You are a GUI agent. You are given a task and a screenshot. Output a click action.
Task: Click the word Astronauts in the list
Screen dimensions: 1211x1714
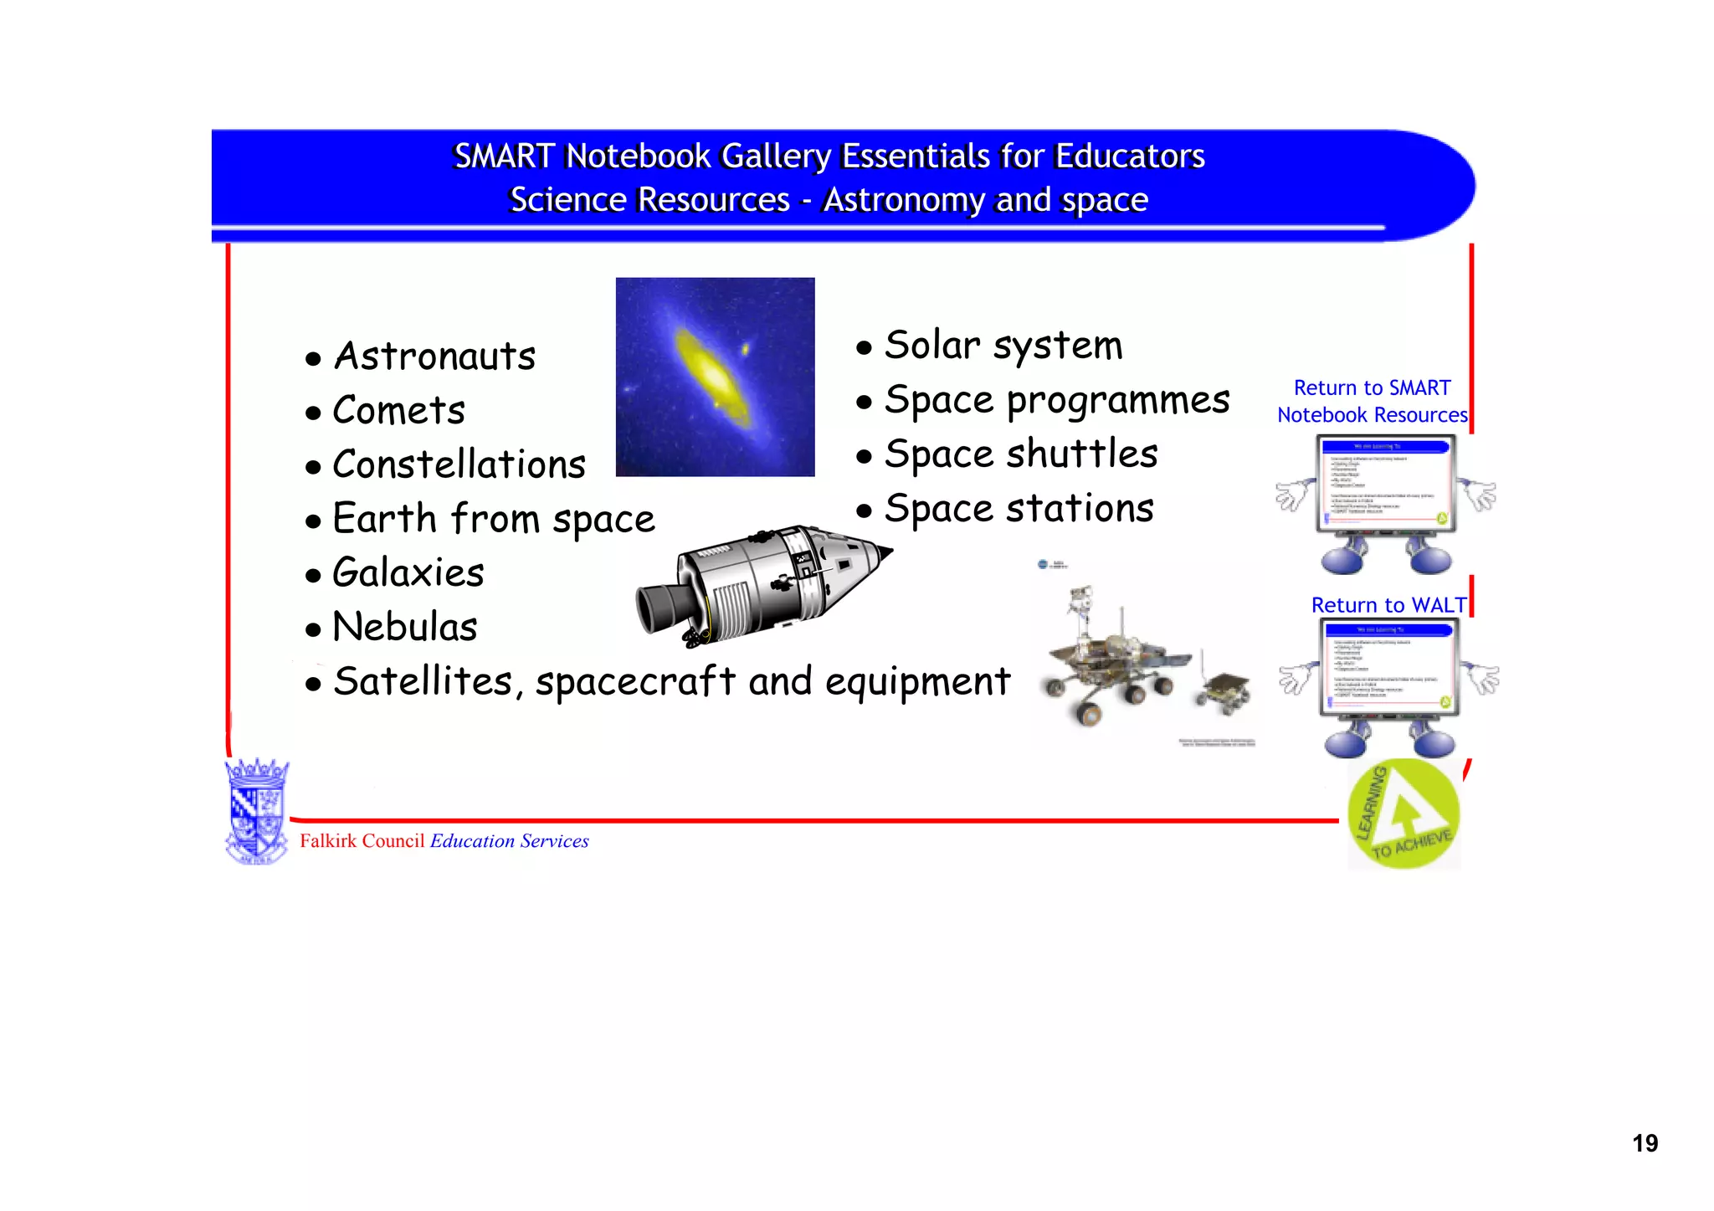[434, 357]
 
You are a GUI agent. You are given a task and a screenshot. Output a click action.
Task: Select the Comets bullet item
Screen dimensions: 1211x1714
[398, 411]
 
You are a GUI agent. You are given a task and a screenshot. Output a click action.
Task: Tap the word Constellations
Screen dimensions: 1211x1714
[459, 465]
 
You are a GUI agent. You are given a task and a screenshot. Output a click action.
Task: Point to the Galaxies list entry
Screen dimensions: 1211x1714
[408, 573]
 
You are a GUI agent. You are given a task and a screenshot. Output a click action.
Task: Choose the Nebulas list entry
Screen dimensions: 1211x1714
[404, 628]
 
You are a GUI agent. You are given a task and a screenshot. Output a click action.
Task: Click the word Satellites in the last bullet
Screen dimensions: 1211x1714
[423, 681]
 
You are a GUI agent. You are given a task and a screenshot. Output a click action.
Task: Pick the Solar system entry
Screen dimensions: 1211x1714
[1003, 346]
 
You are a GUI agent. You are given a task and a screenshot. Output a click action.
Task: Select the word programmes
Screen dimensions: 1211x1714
[1118, 401]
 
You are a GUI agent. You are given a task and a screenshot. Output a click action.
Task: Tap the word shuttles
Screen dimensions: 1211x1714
[1081, 454]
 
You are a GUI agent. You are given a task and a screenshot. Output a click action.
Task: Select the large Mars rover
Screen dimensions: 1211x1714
[1105, 661]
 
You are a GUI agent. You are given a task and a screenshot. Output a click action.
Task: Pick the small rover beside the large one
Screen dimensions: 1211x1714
[1224, 691]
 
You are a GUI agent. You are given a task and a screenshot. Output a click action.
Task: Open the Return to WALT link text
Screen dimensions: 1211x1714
[1388, 605]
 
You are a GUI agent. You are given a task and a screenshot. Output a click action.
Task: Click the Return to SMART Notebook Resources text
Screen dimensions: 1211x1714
[1372, 402]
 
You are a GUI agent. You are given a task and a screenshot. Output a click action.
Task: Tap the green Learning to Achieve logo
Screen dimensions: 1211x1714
[1404, 814]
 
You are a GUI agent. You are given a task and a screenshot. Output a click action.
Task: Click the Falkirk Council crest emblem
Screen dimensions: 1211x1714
[257, 810]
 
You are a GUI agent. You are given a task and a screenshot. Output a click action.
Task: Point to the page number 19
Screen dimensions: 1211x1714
[1645, 1144]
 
